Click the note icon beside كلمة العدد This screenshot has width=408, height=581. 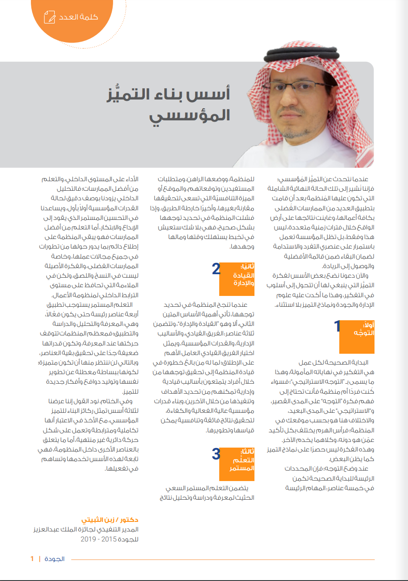pos(50,17)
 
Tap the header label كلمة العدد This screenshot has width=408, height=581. pos(79,17)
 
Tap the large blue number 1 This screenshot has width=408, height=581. pos(337,326)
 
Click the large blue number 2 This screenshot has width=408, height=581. pos(216,269)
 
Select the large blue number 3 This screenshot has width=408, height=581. pos(216,454)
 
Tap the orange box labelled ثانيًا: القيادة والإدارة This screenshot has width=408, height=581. pos(237,279)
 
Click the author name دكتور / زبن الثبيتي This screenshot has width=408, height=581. pos(110,520)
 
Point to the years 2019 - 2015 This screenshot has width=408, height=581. pos(99,539)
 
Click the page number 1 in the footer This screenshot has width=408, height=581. pos(32,559)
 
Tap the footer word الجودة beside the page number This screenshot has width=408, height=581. pos(55,559)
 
